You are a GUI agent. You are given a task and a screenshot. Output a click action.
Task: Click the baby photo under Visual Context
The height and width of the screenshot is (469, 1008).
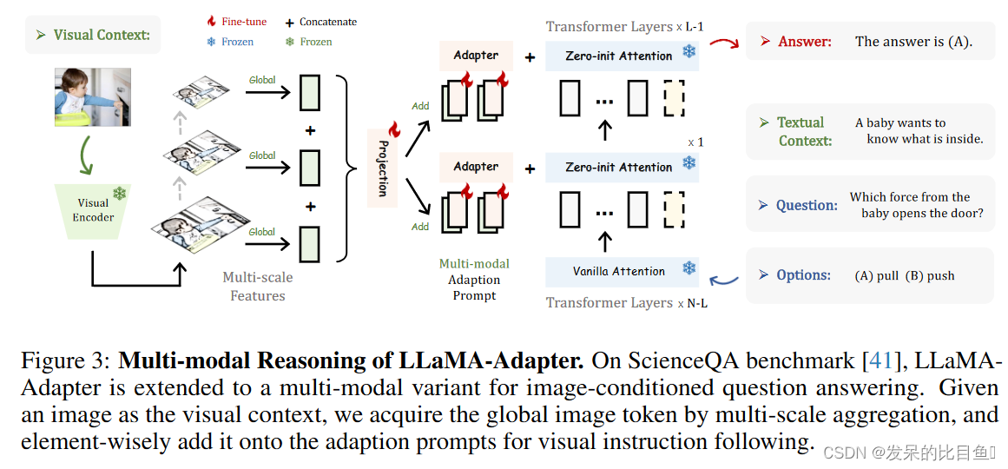(x=92, y=97)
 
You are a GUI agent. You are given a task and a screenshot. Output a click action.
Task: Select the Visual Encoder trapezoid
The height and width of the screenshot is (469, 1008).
(x=92, y=210)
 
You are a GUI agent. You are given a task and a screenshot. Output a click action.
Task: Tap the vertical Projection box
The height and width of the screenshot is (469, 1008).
(x=383, y=168)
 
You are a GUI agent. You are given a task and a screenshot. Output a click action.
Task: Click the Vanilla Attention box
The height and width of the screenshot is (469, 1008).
(x=619, y=271)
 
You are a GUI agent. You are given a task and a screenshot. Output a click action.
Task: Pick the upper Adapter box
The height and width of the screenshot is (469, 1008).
(x=476, y=56)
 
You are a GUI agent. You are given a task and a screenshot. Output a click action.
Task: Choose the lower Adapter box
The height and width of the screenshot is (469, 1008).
(x=476, y=167)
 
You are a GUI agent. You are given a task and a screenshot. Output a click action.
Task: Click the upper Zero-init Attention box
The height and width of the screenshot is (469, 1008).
(x=619, y=56)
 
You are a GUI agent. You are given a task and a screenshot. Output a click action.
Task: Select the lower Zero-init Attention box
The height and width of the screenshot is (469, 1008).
(x=619, y=167)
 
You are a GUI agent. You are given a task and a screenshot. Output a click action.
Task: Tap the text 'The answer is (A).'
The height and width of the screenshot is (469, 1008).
(x=913, y=41)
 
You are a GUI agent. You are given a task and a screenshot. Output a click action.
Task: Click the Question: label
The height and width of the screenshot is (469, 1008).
(x=807, y=205)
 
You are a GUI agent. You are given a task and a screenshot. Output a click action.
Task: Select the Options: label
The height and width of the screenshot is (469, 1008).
(x=803, y=275)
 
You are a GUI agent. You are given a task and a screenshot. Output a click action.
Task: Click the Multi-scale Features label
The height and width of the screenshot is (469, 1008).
(x=258, y=287)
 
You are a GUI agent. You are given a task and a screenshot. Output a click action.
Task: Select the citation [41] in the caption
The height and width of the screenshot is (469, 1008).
(x=884, y=361)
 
